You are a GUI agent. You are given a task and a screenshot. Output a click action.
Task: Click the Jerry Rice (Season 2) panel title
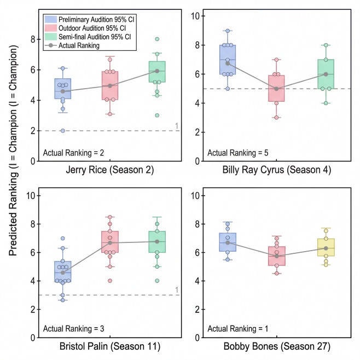click(x=111, y=170)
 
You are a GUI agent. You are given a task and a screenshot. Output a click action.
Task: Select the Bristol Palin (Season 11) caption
click(x=111, y=346)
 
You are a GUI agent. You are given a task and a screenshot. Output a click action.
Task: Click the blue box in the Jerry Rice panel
click(x=63, y=89)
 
